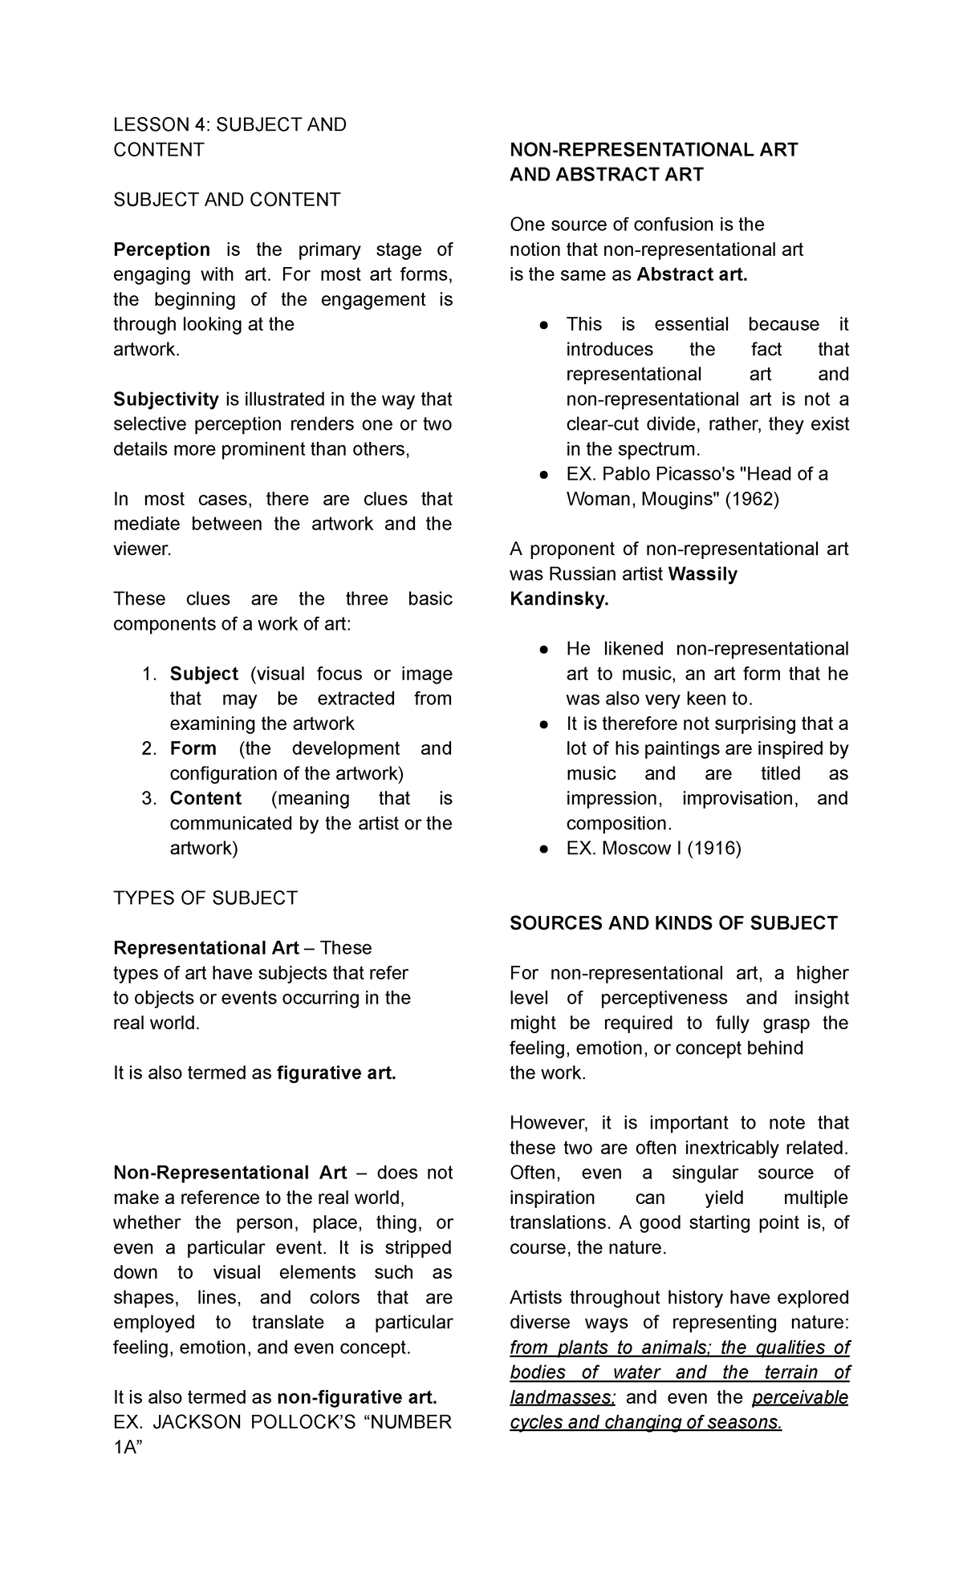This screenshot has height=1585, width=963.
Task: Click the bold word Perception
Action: coord(161,249)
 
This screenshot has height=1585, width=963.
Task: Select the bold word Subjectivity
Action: coord(166,399)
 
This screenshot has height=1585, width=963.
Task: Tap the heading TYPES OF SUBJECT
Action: coord(205,898)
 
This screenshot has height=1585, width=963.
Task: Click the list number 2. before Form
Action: coord(148,748)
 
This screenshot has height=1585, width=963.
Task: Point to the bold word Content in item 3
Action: coord(205,799)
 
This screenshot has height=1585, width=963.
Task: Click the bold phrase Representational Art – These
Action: coord(242,948)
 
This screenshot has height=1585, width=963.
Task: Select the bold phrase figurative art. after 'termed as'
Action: coord(336,1073)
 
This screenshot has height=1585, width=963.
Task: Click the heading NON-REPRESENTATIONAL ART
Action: coord(653,150)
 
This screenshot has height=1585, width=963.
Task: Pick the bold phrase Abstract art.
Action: coord(692,275)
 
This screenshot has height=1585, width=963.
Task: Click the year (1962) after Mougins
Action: coord(751,499)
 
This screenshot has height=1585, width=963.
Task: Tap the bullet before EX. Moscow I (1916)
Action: coord(544,849)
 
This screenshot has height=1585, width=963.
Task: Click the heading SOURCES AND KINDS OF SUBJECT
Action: coord(673,923)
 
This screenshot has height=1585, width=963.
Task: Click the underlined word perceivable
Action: coord(800,1397)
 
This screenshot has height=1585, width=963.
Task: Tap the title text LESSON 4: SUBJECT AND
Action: coord(230,125)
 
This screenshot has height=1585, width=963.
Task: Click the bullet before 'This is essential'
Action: coord(544,325)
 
